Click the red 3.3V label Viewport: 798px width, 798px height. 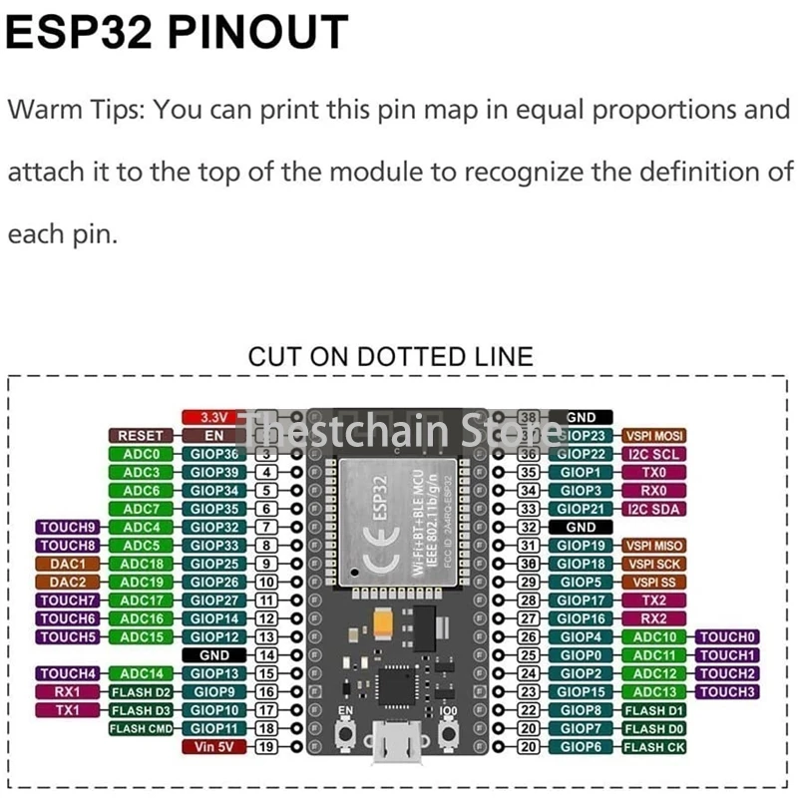pyautogui.click(x=214, y=417)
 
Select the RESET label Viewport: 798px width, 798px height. pyautogui.click(x=140, y=436)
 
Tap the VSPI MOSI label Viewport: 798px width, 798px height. pyautogui.click(x=653, y=436)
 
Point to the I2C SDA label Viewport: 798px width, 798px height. pyautogui.click(x=653, y=509)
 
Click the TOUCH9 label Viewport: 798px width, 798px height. pyautogui.click(x=68, y=527)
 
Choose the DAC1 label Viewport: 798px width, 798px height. pyautogui.click(x=68, y=564)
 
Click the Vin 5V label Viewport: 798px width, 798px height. pyautogui.click(x=214, y=746)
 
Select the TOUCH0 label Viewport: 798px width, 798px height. pyautogui.click(x=727, y=636)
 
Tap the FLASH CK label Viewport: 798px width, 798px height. pyautogui.click(x=653, y=746)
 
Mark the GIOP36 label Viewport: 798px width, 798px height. pyautogui.click(x=214, y=454)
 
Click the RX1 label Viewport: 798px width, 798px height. pyautogui.click(x=68, y=691)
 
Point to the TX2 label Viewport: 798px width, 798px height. pyautogui.click(x=653, y=600)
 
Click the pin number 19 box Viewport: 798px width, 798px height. pyautogui.click(x=266, y=746)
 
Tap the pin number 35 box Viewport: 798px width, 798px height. pyautogui.click(x=530, y=472)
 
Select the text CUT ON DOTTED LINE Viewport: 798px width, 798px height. pyautogui.click(x=390, y=356)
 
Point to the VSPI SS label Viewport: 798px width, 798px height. pyautogui.click(x=653, y=582)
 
